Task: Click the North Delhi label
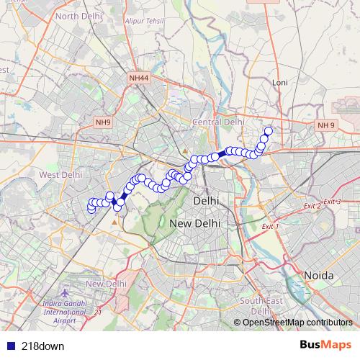tap(78, 15)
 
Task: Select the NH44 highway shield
tap(140, 77)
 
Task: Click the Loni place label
tap(280, 83)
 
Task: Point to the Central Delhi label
tap(218, 122)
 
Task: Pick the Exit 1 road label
tap(269, 226)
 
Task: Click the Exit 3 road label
tap(332, 201)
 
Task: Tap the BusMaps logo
tap(326, 345)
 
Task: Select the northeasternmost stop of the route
tap(268, 131)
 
